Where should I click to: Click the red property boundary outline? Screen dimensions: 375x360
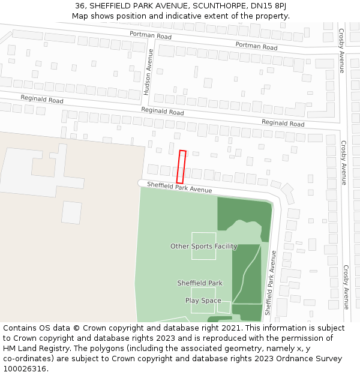(x=181, y=167)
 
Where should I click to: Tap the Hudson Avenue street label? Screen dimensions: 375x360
(x=148, y=72)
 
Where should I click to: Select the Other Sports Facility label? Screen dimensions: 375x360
(x=203, y=247)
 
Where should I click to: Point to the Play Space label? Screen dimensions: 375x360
(x=203, y=301)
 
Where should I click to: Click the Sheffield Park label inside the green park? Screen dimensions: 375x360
(x=200, y=283)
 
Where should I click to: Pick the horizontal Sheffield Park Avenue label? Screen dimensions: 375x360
(x=179, y=187)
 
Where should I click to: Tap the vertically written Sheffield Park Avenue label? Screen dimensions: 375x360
(x=270, y=287)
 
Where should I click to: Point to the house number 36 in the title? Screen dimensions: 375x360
(x=80, y=6)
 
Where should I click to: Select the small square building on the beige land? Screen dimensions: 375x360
(x=71, y=212)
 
